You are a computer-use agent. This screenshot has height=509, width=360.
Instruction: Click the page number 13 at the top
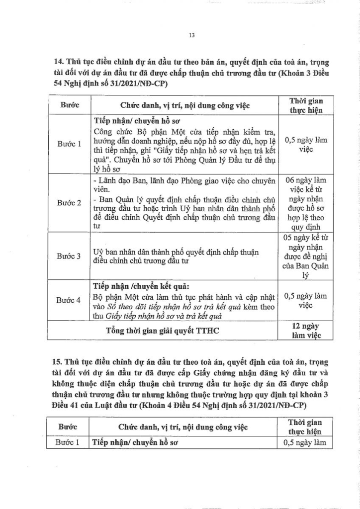coord(191,35)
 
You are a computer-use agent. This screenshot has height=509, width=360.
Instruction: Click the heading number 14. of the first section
coord(59,62)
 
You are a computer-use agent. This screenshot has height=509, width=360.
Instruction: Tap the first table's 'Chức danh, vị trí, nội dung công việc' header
coord(185,106)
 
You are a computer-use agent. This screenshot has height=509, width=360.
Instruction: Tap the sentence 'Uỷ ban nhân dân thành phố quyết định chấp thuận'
coord(176,252)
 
